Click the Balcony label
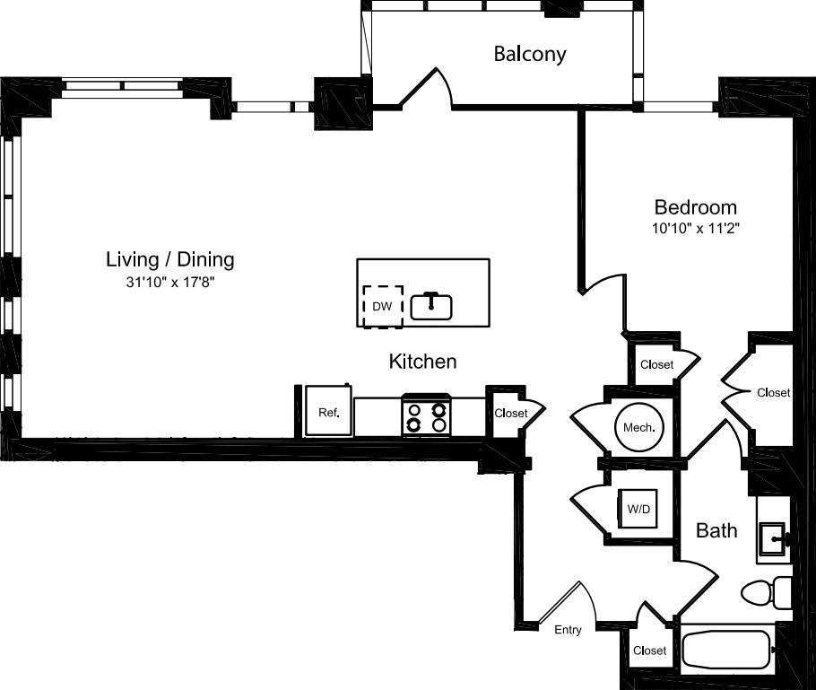click(x=530, y=54)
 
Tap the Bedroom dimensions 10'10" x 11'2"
click(x=696, y=229)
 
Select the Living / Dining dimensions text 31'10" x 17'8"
click(x=170, y=282)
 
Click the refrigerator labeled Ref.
click(x=328, y=413)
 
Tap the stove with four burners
click(x=426, y=416)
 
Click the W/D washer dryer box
click(x=638, y=509)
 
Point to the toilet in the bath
click(x=765, y=593)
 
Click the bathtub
click(x=727, y=650)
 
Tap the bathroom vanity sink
click(x=773, y=539)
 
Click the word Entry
click(x=568, y=630)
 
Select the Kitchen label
click(x=422, y=362)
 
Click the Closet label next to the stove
click(x=511, y=414)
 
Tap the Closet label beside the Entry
click(x=649, y=651)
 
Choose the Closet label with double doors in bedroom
click(x=773, y=392)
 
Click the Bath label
click(x=716, y=530)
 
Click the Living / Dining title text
click(x=170, y=260)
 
